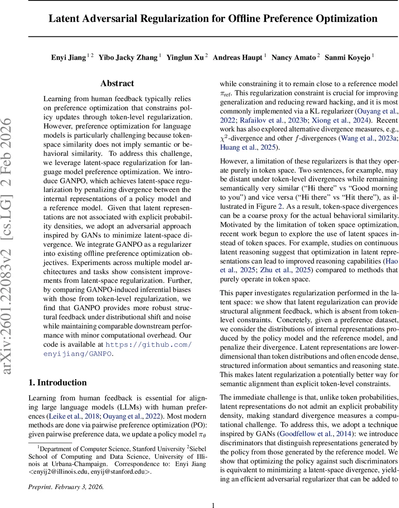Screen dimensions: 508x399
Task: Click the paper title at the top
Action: [x=213, y=19]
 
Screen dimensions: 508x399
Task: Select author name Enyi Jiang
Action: [x=68, y=57]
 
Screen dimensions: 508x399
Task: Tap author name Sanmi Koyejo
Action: [x=347, y=57]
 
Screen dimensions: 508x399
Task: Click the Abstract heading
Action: [x=117, y=83]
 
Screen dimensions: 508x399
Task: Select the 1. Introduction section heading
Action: [x=57, y=382]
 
